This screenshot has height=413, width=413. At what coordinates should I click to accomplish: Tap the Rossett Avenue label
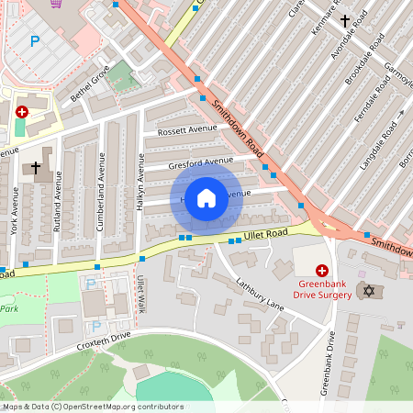coord(186,131)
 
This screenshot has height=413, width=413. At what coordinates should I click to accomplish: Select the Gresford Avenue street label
coord(201,162)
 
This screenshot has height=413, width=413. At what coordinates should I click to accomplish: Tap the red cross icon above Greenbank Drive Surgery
coord(322,270)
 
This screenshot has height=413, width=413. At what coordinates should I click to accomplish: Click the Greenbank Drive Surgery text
coord(322,289)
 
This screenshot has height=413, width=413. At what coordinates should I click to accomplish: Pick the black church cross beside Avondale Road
coord(346,19)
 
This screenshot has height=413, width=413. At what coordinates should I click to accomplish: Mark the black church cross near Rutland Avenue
coord(37,168)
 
